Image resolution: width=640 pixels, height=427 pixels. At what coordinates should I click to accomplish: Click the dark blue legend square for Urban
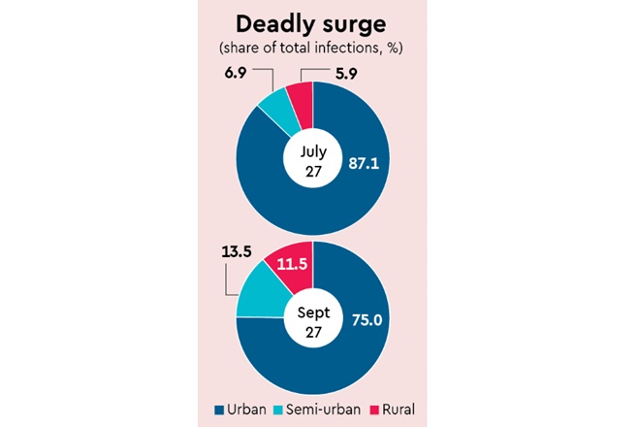point(218,409)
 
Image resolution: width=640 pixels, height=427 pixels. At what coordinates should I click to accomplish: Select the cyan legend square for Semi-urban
point(279,409)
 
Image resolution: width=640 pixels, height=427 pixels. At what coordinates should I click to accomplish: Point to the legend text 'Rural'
point(396,409)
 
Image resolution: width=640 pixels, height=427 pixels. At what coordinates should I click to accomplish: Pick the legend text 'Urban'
point(246,409)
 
